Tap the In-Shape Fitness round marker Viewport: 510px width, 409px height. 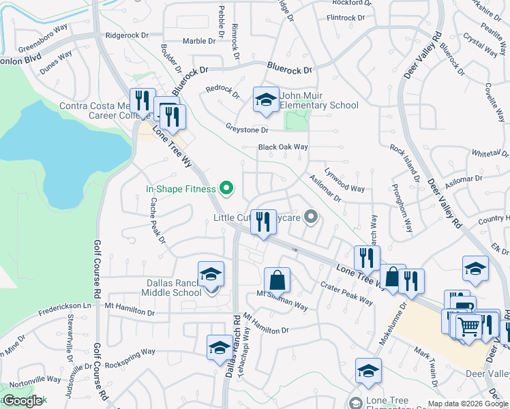tap(227, 189)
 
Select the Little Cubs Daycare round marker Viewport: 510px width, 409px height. tap(312, 218)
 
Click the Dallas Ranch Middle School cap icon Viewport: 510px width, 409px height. tap(211, 275)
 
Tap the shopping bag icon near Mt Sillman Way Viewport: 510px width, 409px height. tap(277, 280)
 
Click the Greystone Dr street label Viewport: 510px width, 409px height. tap(247, 130)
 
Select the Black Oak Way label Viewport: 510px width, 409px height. tap(283, 147)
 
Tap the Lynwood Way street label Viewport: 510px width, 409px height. tap(345, 180)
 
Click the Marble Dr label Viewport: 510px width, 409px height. tap(198, 41)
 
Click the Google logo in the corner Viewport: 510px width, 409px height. tap(22, 401)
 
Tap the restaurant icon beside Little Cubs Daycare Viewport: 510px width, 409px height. tap(263, 222)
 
